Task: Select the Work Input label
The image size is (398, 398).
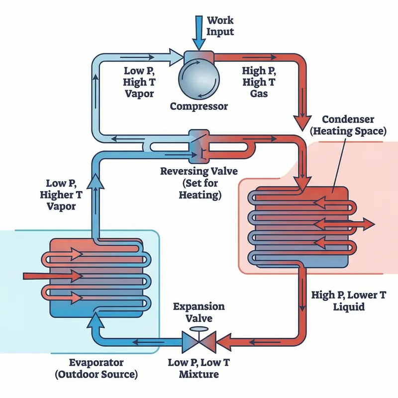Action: coord(220,26)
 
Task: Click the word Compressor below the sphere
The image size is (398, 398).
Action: coord(199,106)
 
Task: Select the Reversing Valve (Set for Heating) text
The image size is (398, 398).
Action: coord(199,183)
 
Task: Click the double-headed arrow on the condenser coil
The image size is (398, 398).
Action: coord(343,224)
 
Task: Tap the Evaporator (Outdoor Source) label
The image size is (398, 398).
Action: coord(104,369)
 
